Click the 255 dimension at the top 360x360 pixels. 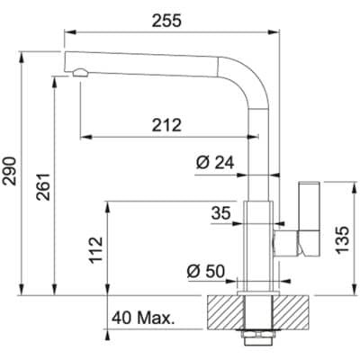[166, 22]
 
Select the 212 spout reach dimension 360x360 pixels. [166, 125]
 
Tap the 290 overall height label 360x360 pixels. [9, 171]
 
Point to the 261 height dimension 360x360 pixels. [43, 186]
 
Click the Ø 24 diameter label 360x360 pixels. [215, 163]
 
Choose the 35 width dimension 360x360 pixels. [221, 213]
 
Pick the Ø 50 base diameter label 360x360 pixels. [206, 272]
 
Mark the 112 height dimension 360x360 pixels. [96, 250]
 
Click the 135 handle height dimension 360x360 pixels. [342, 240]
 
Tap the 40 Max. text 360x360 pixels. [143, 318]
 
